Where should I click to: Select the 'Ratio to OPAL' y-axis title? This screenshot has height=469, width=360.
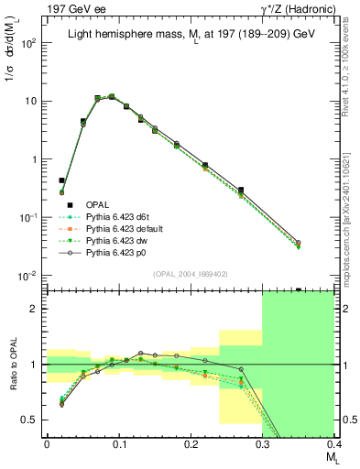(12, 365)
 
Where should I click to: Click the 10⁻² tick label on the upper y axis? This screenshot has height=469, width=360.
(29, 276)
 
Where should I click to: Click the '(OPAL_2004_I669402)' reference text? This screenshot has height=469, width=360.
(191, 273)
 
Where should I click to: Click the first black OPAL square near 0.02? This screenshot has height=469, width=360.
(61, 180)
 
